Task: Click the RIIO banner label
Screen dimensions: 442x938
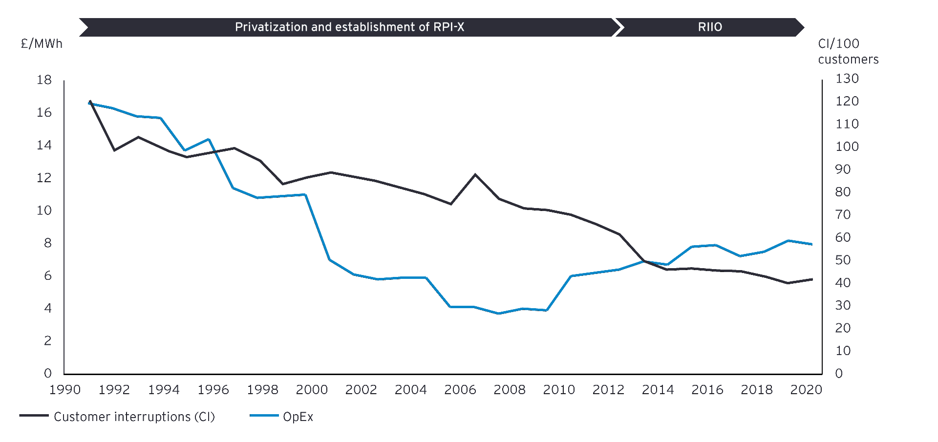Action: click(x=709, y=27)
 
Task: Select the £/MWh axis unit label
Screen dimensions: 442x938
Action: click(x=42, y=44)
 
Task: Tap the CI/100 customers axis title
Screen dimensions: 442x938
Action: click(x=848, y=51)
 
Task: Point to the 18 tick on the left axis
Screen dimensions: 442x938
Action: click(x=44, y=80)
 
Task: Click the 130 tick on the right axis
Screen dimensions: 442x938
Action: click(x=847, y=79)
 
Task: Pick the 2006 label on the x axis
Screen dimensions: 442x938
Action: click(x=460, y=390)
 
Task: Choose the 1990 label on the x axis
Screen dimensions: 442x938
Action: click(x=65, y=390)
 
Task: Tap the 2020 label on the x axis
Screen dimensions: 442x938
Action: click(x=806, y=390)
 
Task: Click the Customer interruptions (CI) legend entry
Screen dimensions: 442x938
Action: click(x=134, y=417)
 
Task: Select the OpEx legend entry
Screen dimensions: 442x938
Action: click(x=298, y=417)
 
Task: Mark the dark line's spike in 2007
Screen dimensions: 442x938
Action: click(x=475, y=174)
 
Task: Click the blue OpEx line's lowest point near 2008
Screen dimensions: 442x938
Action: click(x=499, y=314)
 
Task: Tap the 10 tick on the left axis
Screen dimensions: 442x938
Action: click(x=44, y=210)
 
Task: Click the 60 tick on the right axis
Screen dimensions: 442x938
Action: click(x=843, y=237)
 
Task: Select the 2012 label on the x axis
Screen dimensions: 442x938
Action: click(x=608, y=390)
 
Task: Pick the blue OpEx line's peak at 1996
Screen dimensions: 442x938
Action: click(x=209, y=139)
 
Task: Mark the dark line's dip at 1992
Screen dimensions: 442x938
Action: click(x=114, y=150)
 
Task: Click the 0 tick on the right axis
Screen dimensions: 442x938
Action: click(x=839, y=374)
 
